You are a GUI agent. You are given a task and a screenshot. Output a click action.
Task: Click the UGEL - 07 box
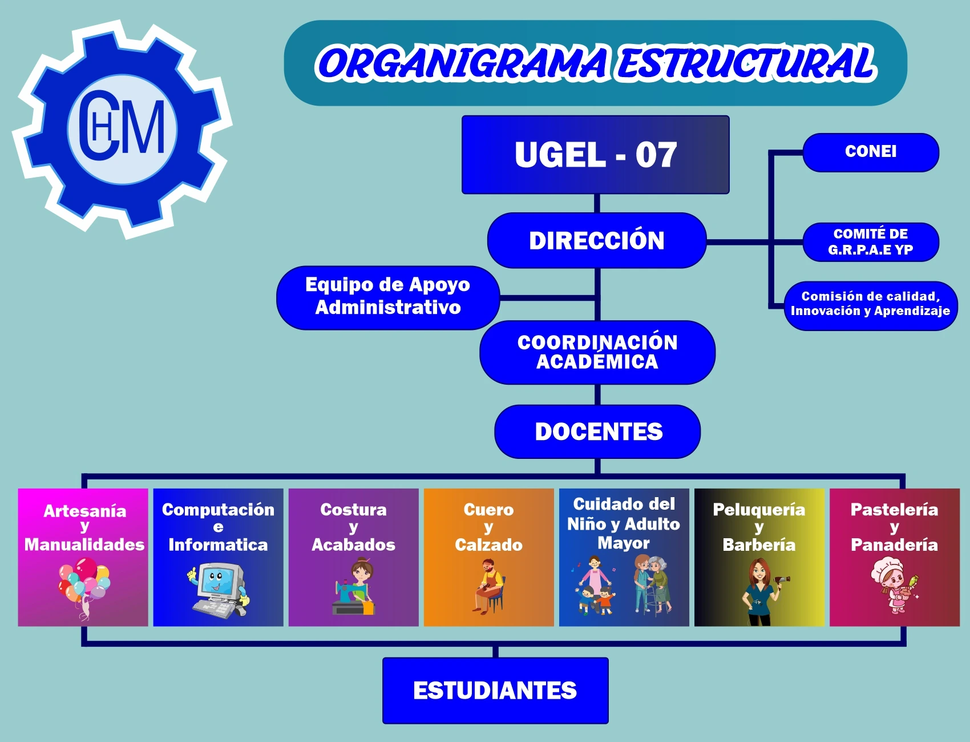click(x=595, y=155)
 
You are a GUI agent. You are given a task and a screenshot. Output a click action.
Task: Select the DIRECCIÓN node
click(x=597, y=240)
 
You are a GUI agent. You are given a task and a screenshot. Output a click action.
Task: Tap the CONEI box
click(x=871, y=152)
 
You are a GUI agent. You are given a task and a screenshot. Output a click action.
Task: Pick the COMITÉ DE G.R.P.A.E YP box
click(x=871, y=242)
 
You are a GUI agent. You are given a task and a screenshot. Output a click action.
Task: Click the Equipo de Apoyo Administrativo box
click(x=388, y=297)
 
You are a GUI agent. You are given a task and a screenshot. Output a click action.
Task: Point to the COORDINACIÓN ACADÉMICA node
click(x=597, y=352)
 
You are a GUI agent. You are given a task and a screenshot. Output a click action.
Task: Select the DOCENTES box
click(x=598, y=432)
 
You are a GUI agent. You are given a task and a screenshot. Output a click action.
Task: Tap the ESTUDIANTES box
click(x=495, y=691)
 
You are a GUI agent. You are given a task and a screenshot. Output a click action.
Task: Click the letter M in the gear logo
click(x=143, y=128)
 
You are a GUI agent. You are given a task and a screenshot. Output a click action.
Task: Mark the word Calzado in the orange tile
click(x=488, y=545)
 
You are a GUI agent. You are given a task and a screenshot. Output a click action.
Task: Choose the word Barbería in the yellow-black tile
click(x=759, y=545)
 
